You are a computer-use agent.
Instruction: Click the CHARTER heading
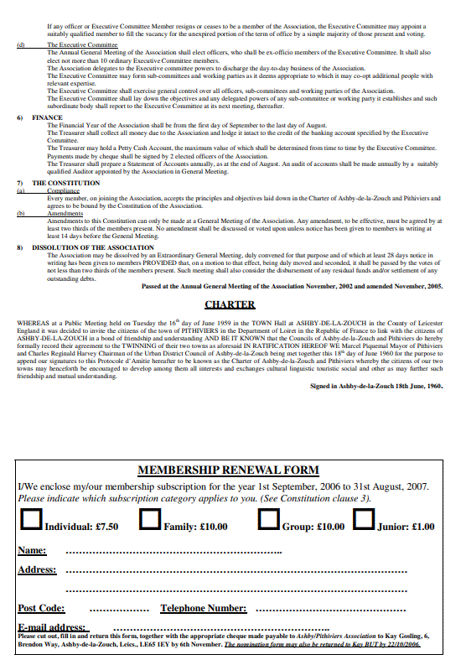230,304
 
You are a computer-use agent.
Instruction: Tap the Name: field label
32,551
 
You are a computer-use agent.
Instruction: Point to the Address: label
37,570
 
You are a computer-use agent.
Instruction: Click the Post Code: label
41,609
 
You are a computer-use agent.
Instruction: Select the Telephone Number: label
204,609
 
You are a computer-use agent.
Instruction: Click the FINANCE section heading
47,118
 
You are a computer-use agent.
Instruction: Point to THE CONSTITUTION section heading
66,183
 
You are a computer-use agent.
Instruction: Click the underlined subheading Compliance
63,190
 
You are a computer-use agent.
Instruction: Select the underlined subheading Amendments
65,213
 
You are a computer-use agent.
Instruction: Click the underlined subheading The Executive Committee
82,44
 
